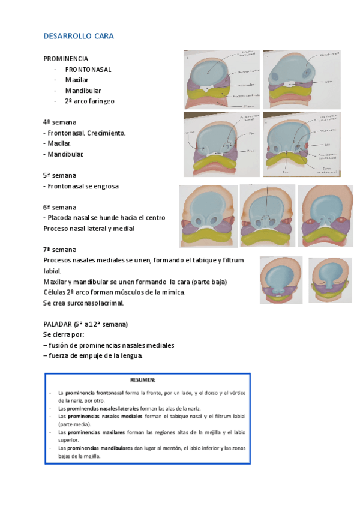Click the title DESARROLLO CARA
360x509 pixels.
click(79, 37)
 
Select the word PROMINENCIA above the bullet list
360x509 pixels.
click(66, 59)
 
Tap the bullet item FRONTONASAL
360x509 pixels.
click(88, 70)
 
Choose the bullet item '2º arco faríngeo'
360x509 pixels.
click(90, 101)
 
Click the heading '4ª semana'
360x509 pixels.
click(60, 122)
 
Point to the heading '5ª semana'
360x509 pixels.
click(60, 175)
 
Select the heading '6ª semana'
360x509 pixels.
click(60, 207)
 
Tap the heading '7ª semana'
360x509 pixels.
click(60, 250)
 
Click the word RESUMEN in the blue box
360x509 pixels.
click(143, 380)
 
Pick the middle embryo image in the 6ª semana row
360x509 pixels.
click(267, 215)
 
